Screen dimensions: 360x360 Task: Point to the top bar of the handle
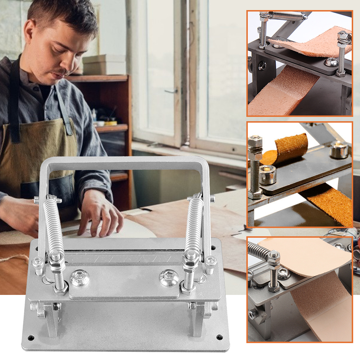pyautogui.click(x=124, y=162)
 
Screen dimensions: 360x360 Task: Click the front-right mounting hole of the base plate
pyautogui.click(x=219, y=337)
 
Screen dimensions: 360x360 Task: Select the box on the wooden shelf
pyautogui.click(x=104, y=65)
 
